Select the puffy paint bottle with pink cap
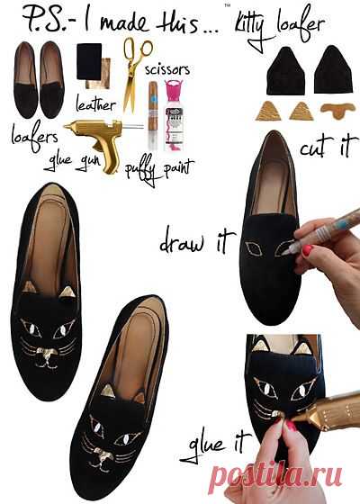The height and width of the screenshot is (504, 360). [174, 116]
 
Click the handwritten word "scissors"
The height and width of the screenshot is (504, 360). [167, 70]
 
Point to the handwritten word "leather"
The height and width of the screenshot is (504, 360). [95, 104]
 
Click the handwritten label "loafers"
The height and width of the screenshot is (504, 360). [34, 136]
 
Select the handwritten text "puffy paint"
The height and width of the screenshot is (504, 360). [159, 170]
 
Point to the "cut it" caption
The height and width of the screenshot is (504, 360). [328, 147]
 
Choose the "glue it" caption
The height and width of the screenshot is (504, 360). [215, 445]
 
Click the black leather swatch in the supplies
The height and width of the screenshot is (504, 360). [89, 61]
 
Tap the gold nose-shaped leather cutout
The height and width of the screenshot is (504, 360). [337, 110]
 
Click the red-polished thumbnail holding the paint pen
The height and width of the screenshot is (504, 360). [307, 250]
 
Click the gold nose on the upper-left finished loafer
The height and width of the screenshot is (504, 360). [46, 353]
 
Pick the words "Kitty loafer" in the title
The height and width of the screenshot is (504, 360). [279, 27]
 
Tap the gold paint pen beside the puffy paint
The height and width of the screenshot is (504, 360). [153, 115]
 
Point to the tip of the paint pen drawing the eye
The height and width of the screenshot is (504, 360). [283, 254]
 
